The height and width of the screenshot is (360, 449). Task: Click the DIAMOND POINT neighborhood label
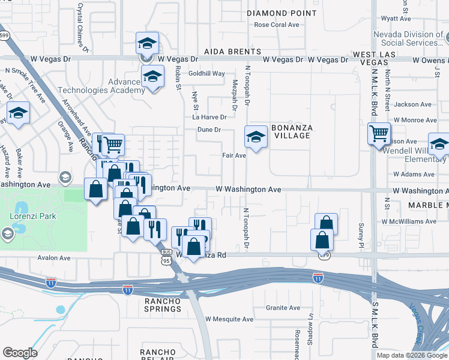(x=282, y=13)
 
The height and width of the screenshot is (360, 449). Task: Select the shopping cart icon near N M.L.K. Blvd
(x=379, y=133)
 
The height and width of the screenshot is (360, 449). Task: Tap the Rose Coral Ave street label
(x=276, y=25)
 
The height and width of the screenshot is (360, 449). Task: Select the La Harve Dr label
(x=209, y=117)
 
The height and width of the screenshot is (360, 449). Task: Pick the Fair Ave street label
(x=234, y=155)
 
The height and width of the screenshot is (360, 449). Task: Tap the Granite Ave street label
(x=283, y=308)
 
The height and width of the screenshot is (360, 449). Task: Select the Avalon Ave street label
(x=54, y=258)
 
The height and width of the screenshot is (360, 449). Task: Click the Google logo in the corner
(x=20, y=353)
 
